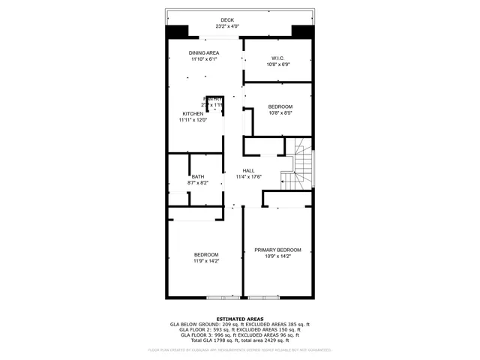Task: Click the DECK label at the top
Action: click(227, 20)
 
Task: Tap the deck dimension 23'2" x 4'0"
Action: click(227, 27)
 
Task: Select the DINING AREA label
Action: click(203, 52)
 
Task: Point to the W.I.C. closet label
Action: click(277, 58)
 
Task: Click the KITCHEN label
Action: click(193, 114)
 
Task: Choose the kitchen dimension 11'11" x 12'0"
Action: click(193, 120)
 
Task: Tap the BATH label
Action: click(197, 176)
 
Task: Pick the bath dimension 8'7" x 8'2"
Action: click(197, 182)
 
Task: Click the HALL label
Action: click(248, 171)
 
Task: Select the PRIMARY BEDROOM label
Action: click(277, 250)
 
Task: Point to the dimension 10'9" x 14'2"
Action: click(277, 256)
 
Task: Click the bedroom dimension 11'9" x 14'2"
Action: click(206, 261)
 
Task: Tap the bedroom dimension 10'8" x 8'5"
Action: click(280, 112)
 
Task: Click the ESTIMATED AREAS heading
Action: click(239, 319)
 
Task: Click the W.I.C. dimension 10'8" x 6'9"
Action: click(277, 64)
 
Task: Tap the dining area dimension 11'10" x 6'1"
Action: click(203, 58)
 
